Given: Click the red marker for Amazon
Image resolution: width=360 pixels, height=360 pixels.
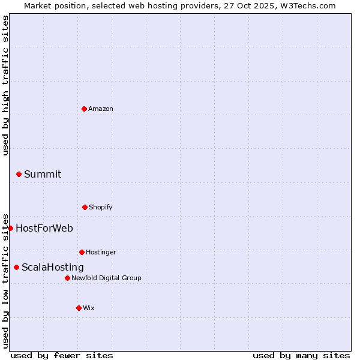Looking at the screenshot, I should click(84, 109).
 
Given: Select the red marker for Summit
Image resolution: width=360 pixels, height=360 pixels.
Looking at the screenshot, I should click(19, 174).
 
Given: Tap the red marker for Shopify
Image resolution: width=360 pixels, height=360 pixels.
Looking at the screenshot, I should click(85, 207).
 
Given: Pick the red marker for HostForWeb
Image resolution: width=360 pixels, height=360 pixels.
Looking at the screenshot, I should click(10, 228).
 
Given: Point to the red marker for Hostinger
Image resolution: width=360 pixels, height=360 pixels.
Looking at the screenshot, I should click(82, 252).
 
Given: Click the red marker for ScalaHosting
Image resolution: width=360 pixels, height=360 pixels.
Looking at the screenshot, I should click(16, 267).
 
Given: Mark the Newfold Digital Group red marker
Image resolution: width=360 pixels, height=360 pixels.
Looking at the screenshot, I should click(67, 278).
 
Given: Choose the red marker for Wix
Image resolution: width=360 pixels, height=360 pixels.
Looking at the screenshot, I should click(79, 308).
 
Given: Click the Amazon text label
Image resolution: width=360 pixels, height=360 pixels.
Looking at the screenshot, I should click(101, 109).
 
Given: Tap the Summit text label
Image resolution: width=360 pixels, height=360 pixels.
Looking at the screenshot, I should click(43, 174).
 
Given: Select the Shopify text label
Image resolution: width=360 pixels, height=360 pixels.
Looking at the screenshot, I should click(101, 207).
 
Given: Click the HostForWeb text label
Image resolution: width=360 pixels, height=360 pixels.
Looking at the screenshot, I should click(44, 228).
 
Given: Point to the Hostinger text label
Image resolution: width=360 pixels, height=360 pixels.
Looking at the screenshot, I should click(101, 252).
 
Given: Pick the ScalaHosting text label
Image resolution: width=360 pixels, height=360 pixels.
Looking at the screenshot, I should click(53, 267).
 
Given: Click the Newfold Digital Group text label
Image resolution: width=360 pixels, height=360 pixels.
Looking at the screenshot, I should click(106, 278).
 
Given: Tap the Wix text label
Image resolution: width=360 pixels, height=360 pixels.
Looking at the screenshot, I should click(89, 308).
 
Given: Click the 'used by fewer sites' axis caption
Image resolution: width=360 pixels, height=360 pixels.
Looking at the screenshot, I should click(62, 355).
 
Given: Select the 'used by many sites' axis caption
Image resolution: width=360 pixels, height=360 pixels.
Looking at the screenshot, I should click(301, 355).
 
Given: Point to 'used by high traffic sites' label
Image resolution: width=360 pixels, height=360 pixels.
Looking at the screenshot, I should click(5, 85).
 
